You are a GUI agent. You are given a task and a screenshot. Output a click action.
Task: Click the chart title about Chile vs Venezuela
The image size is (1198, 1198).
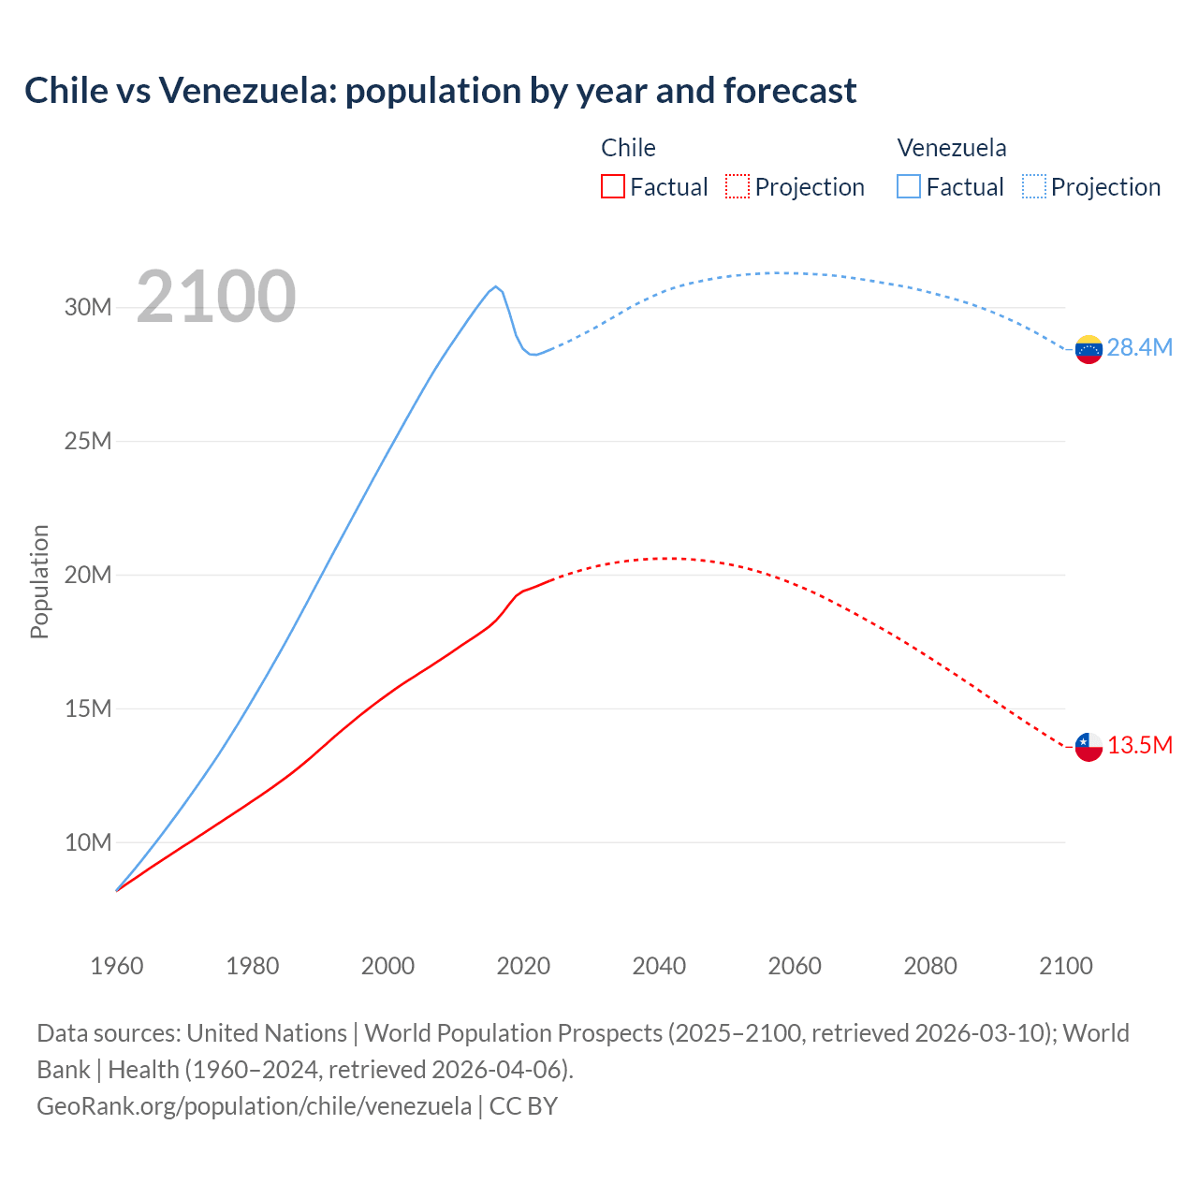click(x=440, y=91)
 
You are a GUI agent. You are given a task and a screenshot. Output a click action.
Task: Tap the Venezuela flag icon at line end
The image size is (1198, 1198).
click(x=1088, y=349)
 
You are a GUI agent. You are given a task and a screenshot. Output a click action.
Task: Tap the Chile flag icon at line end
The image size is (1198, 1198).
click(x=1088, y=747)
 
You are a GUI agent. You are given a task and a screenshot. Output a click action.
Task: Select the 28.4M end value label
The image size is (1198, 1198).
click(x=1139, y=348)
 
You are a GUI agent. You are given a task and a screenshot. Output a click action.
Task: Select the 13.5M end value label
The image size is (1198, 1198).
click(x=1139, y=746)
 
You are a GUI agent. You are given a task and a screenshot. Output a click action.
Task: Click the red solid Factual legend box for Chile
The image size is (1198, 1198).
click(x=612, y=187)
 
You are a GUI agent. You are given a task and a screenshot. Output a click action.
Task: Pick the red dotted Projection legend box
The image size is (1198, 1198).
click(x=738, y=187)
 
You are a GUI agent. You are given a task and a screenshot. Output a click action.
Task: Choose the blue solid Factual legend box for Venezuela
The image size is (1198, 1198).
click(x=908, y=187)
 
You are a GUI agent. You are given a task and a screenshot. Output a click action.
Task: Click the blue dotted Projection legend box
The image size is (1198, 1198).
click(x=1033, y=187)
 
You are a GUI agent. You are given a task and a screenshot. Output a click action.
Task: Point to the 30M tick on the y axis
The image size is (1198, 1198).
click(x=88, y=308)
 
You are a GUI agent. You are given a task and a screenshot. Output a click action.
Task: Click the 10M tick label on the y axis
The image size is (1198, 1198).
click(x=88, y=843)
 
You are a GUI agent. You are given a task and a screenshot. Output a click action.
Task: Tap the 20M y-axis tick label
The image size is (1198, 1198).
click(x=88, y=576)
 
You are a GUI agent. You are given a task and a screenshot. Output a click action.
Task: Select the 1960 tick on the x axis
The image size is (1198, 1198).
click(x=117, y=966)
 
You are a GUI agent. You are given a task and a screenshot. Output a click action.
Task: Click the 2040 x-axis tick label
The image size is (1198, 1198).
click(x=659, y=966)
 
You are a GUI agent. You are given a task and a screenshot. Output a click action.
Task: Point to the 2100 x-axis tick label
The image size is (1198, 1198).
click(x=1065, y=966)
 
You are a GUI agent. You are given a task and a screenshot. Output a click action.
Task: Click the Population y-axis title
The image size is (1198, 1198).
click(x=39, y=581)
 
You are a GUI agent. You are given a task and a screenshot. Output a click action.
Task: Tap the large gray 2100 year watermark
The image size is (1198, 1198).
click(x=215, y=298)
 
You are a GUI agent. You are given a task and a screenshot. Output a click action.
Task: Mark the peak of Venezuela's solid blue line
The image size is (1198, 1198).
click(x=496, y=286)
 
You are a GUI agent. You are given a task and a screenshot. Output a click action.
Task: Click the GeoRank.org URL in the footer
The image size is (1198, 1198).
click(x=254, y=1106)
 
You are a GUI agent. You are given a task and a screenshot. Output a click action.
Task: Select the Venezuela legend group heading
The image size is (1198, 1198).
click(x=951, y=148)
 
